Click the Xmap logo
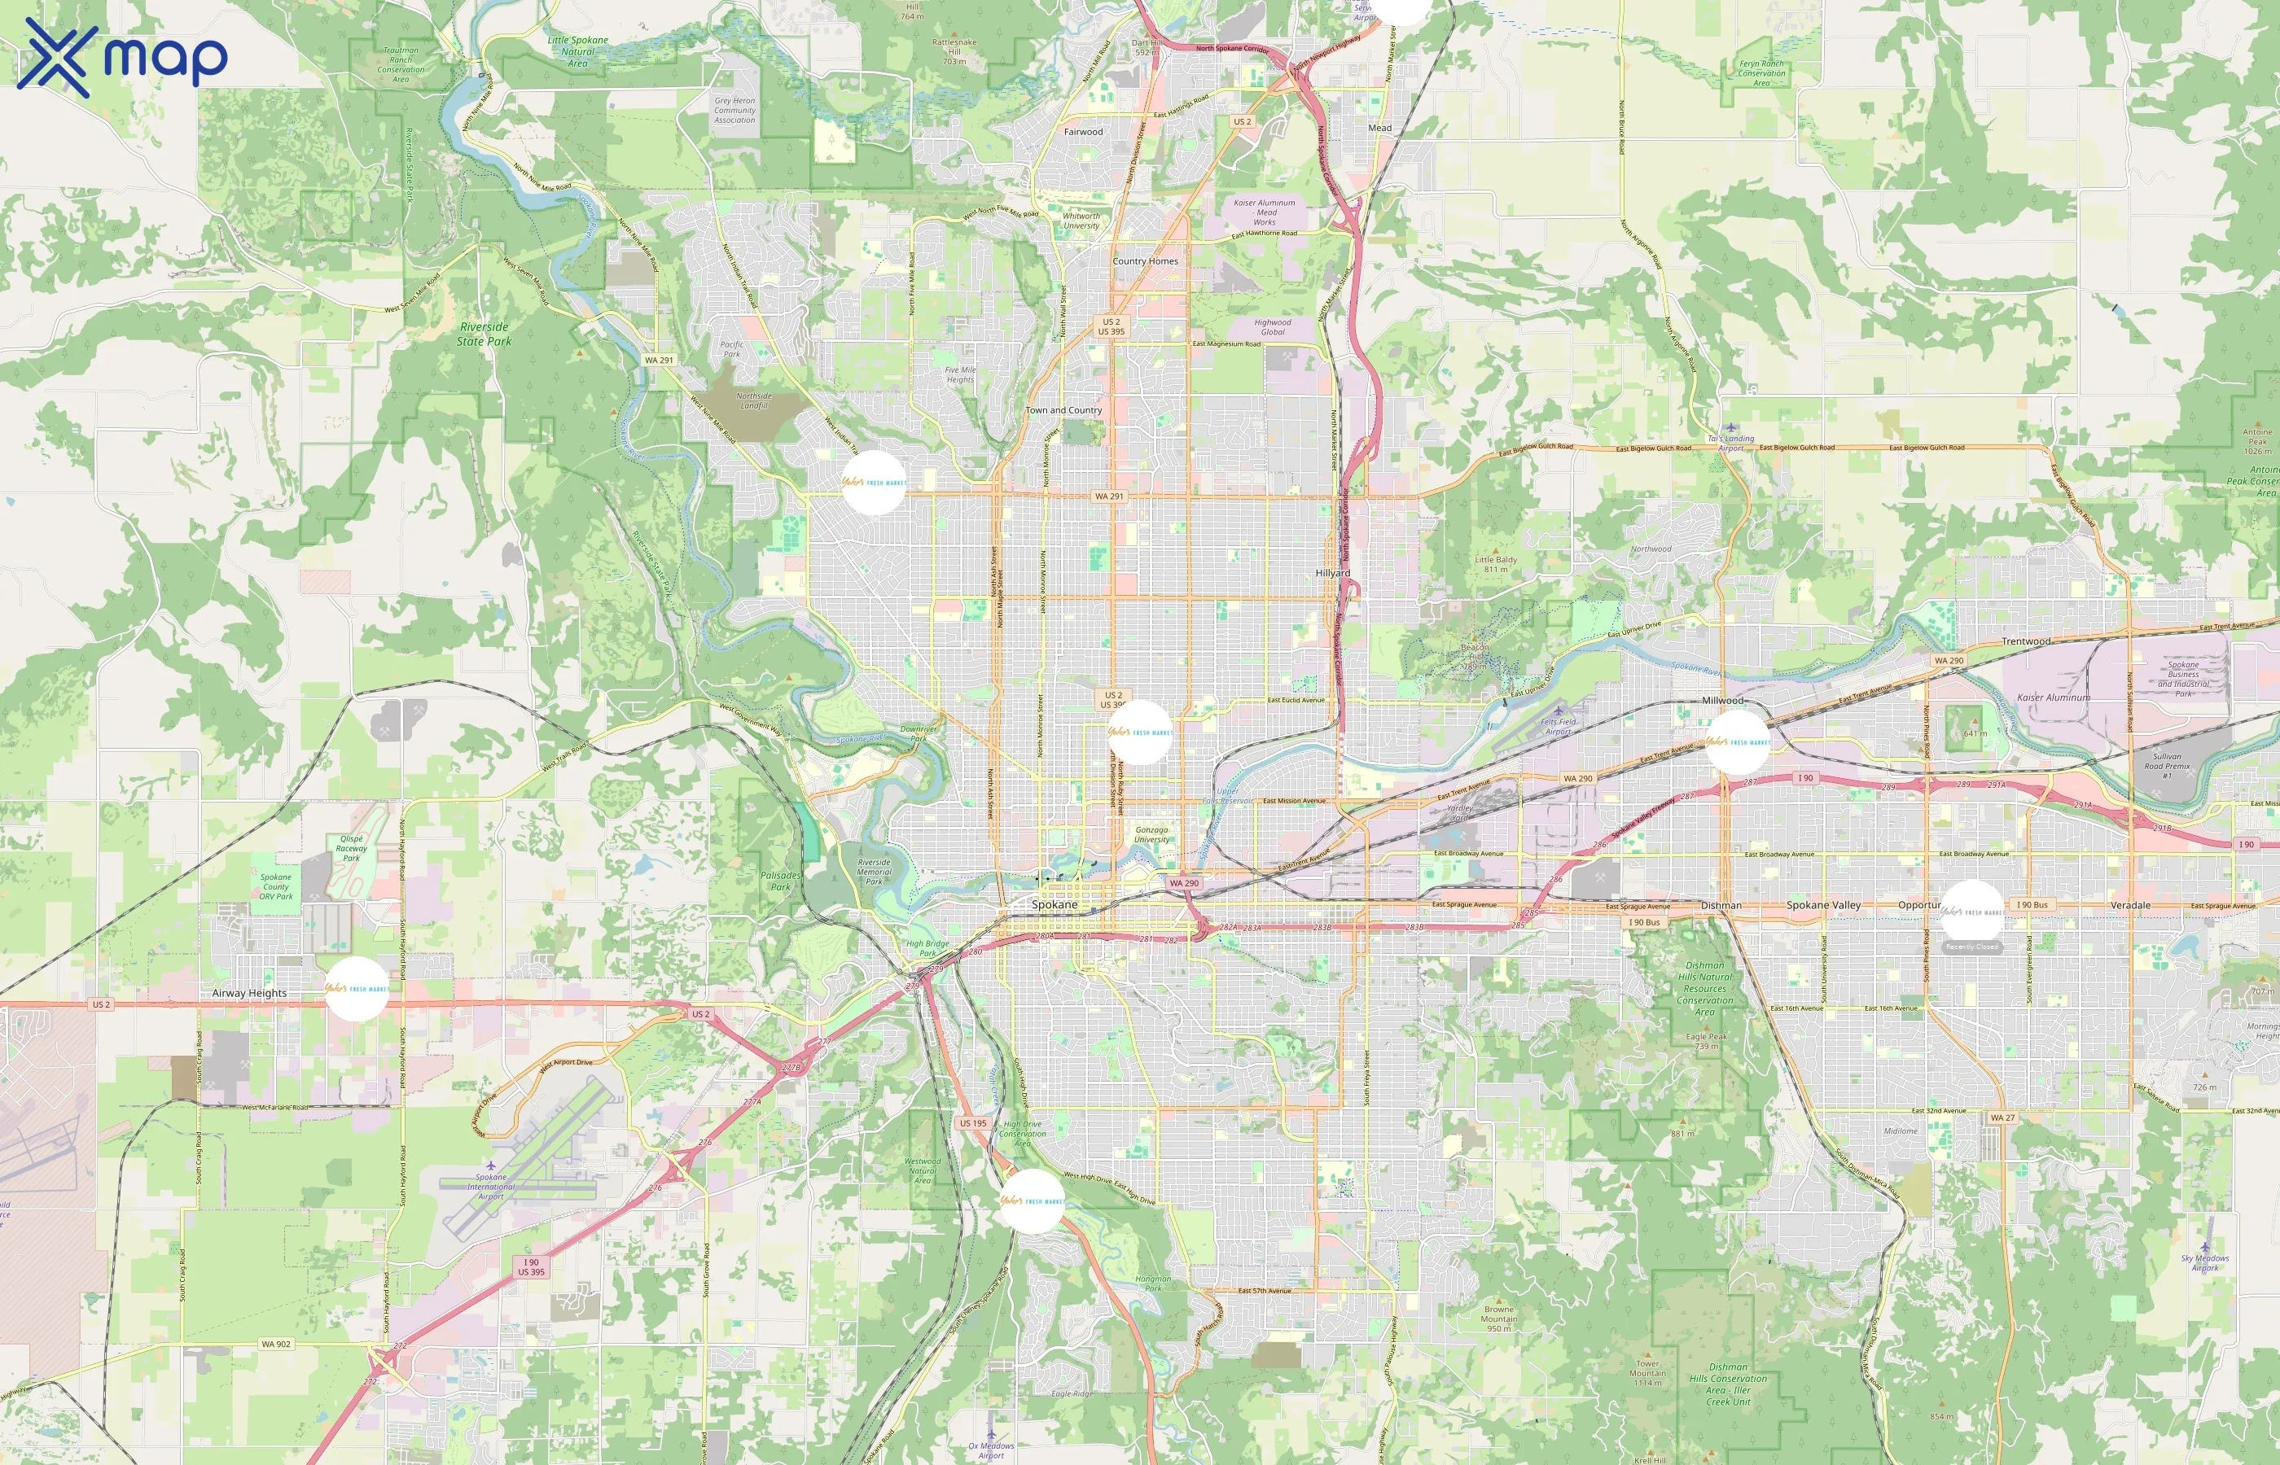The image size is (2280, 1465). (x=122, y=58)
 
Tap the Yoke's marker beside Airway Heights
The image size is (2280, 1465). (x=357, y=990)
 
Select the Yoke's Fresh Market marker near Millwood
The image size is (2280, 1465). (x=1738, y=742)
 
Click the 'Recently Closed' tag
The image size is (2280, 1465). (x=1971, y=947)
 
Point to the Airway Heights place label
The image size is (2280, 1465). (x=249, y=993)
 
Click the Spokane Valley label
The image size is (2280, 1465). (x=1823, y=905)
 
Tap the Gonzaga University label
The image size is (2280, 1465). (x=1151, y=834)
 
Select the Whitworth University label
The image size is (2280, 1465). (x=1081, y=221)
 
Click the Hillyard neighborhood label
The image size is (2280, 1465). (x=1332, y=574)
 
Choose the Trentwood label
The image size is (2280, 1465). (x=2026, y=641)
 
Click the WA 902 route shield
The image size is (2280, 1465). (x=276, y=1345)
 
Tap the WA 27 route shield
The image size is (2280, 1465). (x=2002, y=1117)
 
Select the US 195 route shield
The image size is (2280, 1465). (x=972, y=1123)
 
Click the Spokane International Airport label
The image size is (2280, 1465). (x=491, y=1187)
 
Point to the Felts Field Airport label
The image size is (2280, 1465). (x=1559, y=727)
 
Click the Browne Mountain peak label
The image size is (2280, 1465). (x=1499, y=1318)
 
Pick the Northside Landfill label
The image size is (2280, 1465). (x=754, y=400)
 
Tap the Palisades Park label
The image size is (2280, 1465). (x=780, y=881)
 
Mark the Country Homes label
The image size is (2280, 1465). (x=1145, y=260)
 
